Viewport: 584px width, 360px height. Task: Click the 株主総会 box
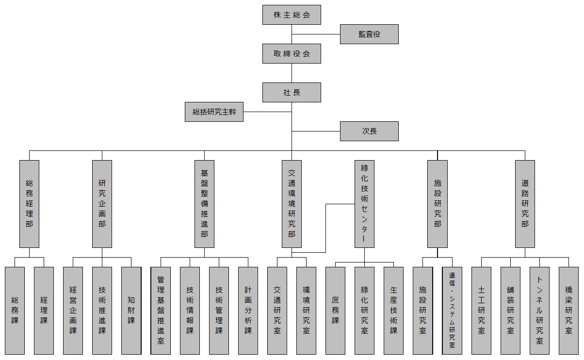pyautogui.click(x=292, y=15)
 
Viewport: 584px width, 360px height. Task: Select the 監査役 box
pyautogui.click(x=369, y=34)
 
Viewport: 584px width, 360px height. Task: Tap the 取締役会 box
pyautogui.click(x=292, y=53)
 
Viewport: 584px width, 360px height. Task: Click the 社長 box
pyautogui.click(x=292, y=92)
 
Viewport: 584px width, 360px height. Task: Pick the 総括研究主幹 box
pyautogui.click(x=214, y=112)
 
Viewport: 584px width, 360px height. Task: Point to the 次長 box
pyautogui.click(x=369, y=131)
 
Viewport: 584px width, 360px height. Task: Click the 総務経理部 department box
pyautogui.click(x=29, y=204)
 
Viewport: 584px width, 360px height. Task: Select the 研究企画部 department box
pyautogui.click(x=102, y=204)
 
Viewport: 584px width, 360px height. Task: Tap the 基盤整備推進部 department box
pyautogui.click(x=204, y=204)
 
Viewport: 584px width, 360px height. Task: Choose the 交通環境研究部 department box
pyautogui.click(x=292, y=204)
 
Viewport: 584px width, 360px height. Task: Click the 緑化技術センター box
pyautogui.click(x=364, y=204)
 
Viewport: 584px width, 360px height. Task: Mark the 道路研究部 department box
pyautogui.click(x=525, y=204)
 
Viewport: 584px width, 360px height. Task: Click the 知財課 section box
pyautogui.click(x=131, y=311)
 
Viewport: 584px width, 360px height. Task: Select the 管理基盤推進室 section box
pyautogui.click(x=161, y=311)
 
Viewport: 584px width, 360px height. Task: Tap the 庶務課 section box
pyautogui.click(x=335, y=311)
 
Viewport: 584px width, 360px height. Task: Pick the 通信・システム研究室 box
pyautogui.click(x=452, y=311)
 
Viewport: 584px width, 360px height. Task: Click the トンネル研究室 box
pyautogui.click(x=539, y=311)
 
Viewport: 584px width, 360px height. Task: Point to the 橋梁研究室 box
pyautogui.click(x=568, y=311)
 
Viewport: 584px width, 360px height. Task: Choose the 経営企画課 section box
pyautogui.click(x=73, y=311)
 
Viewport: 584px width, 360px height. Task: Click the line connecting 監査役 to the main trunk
pyautogui.click(x=315, y=34)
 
